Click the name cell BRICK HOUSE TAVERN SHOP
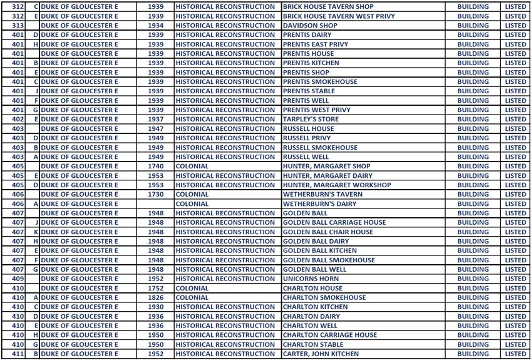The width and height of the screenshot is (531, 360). (327, 6)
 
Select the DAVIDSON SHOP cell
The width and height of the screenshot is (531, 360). (309, 26)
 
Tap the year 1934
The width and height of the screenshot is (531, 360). (155, 26)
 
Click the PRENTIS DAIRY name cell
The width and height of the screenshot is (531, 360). (307, 35)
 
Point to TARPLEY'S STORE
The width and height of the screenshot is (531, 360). (310, 119)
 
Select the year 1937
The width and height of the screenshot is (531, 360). (155, 119)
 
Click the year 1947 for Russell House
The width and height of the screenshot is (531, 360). (155, 128)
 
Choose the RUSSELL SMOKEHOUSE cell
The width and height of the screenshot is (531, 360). (320, 148)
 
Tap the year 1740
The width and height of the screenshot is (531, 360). (155, 167)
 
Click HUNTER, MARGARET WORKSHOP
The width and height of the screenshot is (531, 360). (336, 185)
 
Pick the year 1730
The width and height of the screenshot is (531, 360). (155, 194)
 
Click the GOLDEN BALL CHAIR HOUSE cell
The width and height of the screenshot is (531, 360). (327, 232)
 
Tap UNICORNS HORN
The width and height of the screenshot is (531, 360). (311, 279)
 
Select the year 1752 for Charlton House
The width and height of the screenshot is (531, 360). (155, 289)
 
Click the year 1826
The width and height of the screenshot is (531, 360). (155, 297)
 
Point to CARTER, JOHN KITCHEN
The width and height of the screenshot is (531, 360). (321, 354)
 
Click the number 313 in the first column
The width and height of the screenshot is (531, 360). (18, 26)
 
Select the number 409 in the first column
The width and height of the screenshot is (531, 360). (18, 279)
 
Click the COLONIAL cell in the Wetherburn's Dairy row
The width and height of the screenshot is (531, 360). (192, 203)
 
